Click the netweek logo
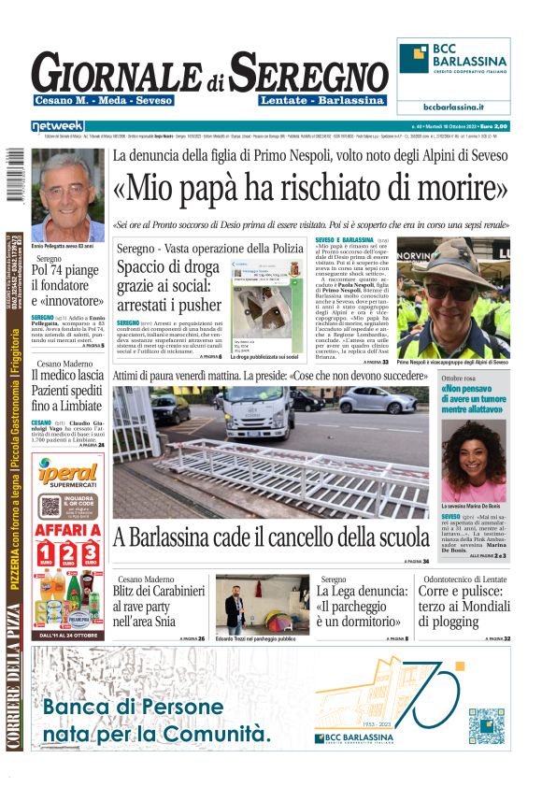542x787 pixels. pos(57,125)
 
